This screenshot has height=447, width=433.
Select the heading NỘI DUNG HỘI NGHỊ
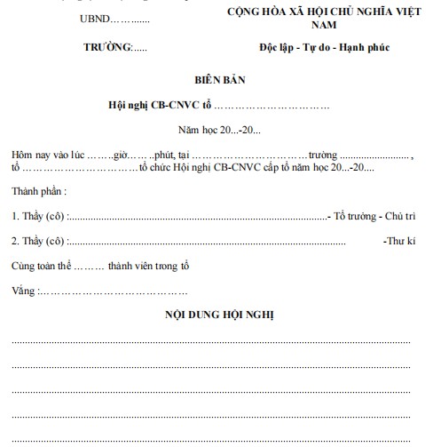219,315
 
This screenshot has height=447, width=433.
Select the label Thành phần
38,191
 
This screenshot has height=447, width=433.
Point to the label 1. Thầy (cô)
38,216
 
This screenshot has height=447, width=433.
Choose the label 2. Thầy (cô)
38,241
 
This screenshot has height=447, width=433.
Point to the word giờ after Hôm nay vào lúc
120,155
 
